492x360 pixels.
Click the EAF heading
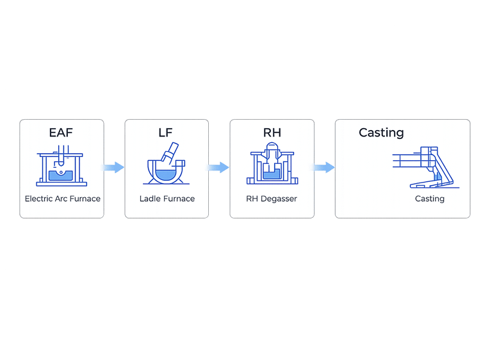[x=61, y=133]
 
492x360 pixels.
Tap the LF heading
[x=166, y=133]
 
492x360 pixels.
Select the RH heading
[x=272, y=133]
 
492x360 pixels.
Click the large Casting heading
[x=381, y=133]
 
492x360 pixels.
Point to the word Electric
[x=38, y=199]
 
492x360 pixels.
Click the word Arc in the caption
[x=61, y=199]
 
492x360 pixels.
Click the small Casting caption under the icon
[x=430, y=199]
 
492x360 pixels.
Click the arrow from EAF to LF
[x=113, y=167]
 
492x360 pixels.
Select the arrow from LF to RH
[x=218, y=167]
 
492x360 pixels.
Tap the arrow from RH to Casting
[x=324, y=167]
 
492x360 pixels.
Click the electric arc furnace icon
[x=61, y=166]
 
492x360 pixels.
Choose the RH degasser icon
[x=272, y=163]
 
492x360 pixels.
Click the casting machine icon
[x=426, y=168]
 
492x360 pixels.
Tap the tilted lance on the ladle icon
[x=170, y=153]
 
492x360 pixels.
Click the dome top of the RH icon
[x=272, y=146]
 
